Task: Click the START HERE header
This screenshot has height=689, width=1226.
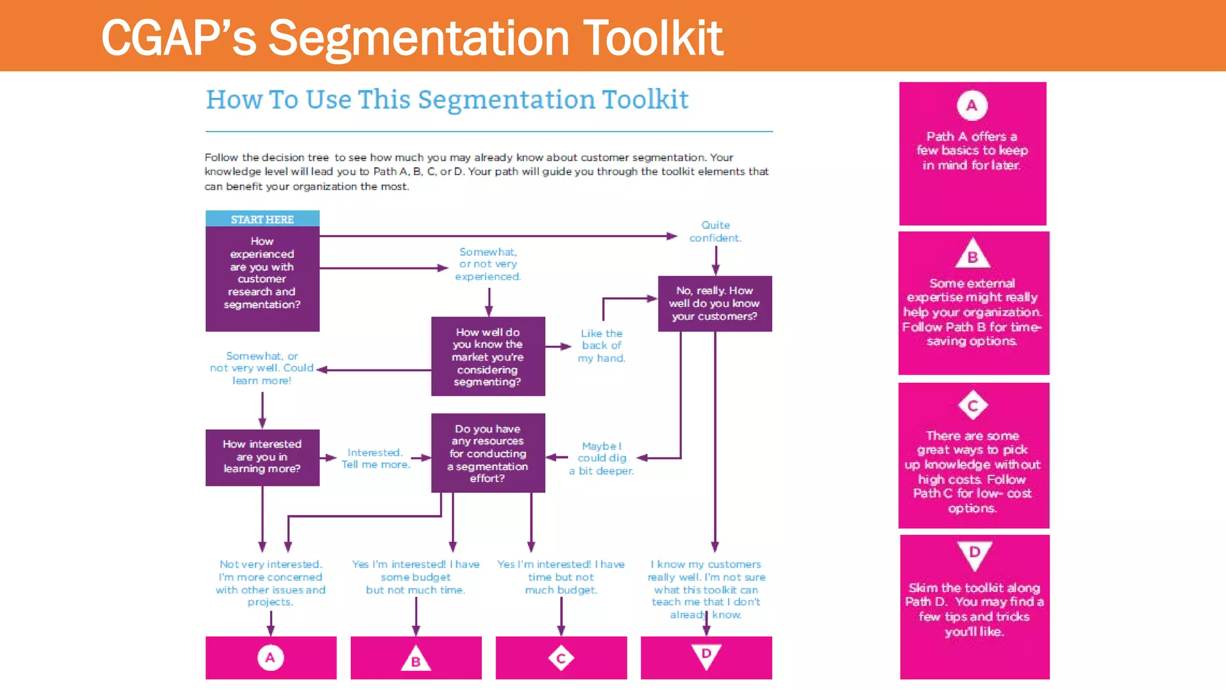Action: [262, 219]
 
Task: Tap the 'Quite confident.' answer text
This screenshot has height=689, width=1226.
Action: [715, 231]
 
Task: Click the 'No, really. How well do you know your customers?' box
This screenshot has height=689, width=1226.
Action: [715, 303]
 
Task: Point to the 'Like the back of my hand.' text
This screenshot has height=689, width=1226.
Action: [602, 346]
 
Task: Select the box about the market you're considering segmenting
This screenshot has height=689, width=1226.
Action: [488, 356]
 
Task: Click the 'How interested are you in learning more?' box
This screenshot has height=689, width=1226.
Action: [262, 456]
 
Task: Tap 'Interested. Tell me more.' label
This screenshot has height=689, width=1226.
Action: [375, 458]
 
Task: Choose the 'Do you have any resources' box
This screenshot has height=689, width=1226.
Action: [488, 453]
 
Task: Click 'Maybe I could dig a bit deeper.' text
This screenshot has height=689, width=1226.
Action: [602, 458]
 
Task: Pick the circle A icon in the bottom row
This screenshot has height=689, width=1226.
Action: [271, 658]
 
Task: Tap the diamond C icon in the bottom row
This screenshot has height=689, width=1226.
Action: [561, 658]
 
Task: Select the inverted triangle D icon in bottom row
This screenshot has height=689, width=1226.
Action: [706, 655]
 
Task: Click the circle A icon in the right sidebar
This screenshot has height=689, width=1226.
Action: [972, 105]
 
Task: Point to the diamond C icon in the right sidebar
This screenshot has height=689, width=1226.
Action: [973, 406]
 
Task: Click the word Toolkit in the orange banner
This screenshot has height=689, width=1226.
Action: [653, 38]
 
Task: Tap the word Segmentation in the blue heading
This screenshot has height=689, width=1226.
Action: [506, 99]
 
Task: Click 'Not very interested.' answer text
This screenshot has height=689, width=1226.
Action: [271, 564]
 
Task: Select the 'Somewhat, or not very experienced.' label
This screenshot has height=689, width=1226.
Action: [488, 264]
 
